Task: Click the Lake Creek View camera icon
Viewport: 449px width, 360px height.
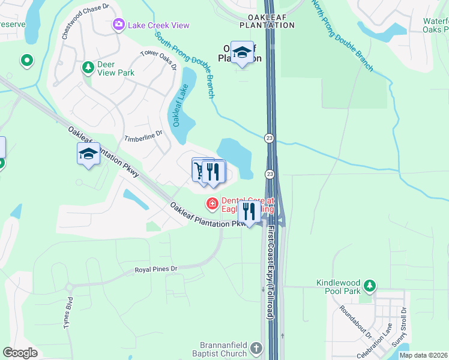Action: [118, 25]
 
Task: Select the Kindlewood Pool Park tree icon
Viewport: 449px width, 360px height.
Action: [371, 285]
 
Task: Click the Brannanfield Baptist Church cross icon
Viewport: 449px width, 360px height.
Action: [256, 349]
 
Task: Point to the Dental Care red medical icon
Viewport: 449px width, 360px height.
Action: [212, 205]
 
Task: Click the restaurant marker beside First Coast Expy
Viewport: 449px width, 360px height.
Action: [249, 212]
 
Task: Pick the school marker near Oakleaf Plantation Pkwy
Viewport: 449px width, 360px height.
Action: [88, 154]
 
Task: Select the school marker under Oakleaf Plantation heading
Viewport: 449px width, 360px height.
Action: [242, 53]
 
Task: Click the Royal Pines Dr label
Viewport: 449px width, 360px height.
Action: [157, 270]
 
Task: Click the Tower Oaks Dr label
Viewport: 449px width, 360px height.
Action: [159, 59]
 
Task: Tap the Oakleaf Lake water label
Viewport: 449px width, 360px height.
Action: [179, 105]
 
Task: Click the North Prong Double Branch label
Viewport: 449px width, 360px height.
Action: [342, 35]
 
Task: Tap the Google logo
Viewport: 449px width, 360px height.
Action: [20, 353]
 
